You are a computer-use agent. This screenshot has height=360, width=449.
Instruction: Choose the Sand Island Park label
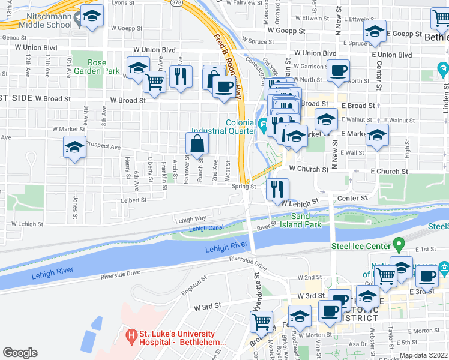(x=306, y=220)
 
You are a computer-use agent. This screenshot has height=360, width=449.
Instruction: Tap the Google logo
(x=20, y=353)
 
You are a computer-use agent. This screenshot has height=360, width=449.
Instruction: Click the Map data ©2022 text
(x=423, y=355)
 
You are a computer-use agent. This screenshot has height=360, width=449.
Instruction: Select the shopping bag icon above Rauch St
(x=197, y=143)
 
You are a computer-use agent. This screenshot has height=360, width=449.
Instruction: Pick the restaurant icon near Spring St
(x=277, y=189)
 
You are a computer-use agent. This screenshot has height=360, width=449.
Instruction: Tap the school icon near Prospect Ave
(x=74, y=147)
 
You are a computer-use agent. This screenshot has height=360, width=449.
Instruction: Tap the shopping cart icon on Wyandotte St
(x=261, y=322)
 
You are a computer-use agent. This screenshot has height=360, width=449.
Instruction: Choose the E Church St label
(x=389, y=172)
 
